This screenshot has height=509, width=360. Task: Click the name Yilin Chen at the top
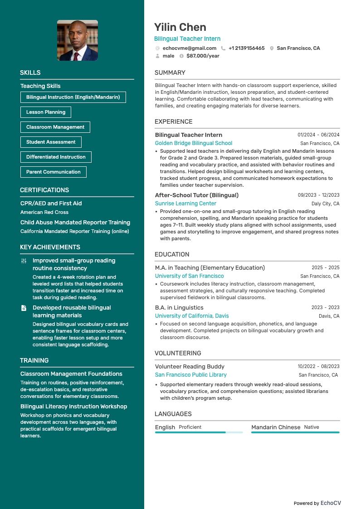pyautogui.click(x=180, y=27)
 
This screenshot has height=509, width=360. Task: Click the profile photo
pyautogui.click(x=78, y=40)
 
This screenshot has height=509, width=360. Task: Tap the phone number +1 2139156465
pyautogui.click(x=246, y=48)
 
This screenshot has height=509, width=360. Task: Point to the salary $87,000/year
pyautogui.click(x=203, y=56)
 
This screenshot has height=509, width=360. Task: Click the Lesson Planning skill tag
pyautogui.click(x=46, y=112)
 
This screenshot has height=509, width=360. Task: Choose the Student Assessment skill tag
pyautogui.click(x=51, y=142)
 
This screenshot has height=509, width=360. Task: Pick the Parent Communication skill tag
pyautogui.click(x=54, y=172)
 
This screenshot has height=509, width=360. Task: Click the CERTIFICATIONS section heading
pyautogui.click(x=44, y=190)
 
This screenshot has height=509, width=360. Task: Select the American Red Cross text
pyautogui.click(x=44, y=212)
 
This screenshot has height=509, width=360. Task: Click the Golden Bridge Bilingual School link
pyautogui.click(x=194, y=143)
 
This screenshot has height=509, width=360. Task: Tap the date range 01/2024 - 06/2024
pyautogui.click(x=318, y=135)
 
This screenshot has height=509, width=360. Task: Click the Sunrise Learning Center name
pyautogui.click(x=185, y=204)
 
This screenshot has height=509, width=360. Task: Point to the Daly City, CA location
pyautogui.click(x=325, y=204)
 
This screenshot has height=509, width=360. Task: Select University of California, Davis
pyautogui.click(x=192, y=316)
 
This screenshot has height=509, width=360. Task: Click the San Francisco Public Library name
pyautogui.click(x=191, y=375)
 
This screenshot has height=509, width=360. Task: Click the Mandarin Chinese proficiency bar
pyautogui.click(x=295, y=432)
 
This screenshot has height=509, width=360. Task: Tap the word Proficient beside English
pyautogui.click(x=190, y=427)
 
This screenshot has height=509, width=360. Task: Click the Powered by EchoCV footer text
pyautogui.click(x=317, y=503)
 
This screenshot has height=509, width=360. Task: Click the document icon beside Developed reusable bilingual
pyautogui.click(x=24, y=308)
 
